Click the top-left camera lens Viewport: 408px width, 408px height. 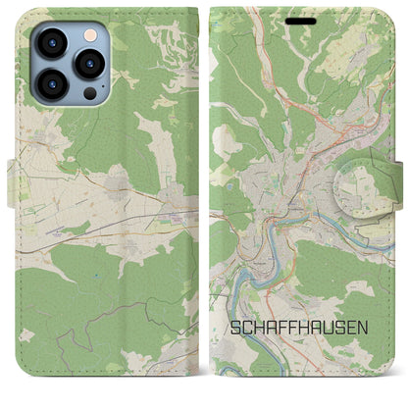click(x=49, y=43)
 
